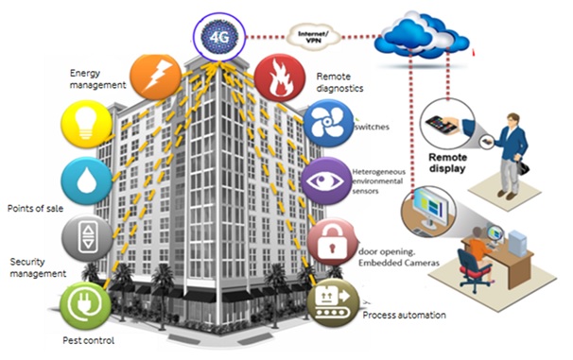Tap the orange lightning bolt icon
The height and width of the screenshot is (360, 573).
(157, 75)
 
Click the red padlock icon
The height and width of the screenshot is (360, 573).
(330, 241)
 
